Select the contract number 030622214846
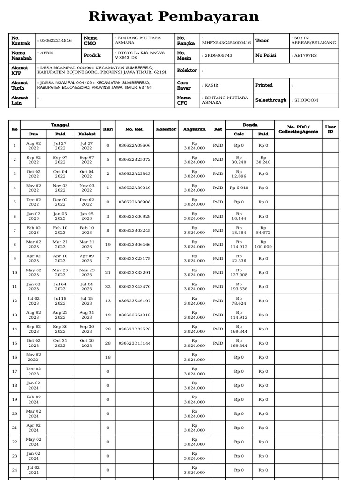pyautogui.click(x=55, y=41)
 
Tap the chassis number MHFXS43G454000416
pyautogui.click(x=226, y=43)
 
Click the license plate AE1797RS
pyautogui.click(x=305, y=55)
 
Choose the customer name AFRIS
pyautogui.click(x=47, y=53)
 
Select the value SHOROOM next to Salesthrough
pyautogui.click(x=306, y=100)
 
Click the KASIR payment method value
pyautogui.click(x=211, y=85)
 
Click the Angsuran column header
pyautogui.click(x=194, y=129)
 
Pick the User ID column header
pyautogui.click(x=330, y=129)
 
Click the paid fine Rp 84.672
pyautogui.click(x=263, y=230)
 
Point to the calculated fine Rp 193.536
pyautogui.click(x=239, y=286)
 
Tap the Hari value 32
pyautogui.click(x=108, y=286)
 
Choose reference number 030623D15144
pyautogui.click(x=134, y=343)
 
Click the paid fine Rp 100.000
pyautogui.click(x=263, y=244)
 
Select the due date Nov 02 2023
pyautogui.click(x=34, y=357)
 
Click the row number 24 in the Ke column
pyautogui.click(x=15, y=470)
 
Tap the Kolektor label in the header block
pyautogui.click(x=187, y=70)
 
